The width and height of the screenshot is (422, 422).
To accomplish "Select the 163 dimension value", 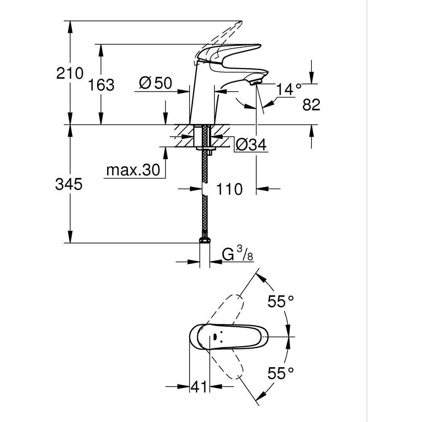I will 101,85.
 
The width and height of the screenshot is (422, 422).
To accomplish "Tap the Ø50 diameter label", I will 155,83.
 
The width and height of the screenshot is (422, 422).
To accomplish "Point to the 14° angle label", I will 289,89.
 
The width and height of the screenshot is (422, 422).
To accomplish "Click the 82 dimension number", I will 311,105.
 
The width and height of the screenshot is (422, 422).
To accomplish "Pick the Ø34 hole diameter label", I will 251,145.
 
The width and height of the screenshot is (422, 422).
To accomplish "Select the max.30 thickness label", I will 133,170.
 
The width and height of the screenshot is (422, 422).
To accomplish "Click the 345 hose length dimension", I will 68,184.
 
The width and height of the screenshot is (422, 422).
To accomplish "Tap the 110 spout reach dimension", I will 230,189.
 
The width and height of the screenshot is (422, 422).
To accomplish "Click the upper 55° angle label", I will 281,302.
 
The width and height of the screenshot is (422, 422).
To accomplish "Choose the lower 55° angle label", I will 281,373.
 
